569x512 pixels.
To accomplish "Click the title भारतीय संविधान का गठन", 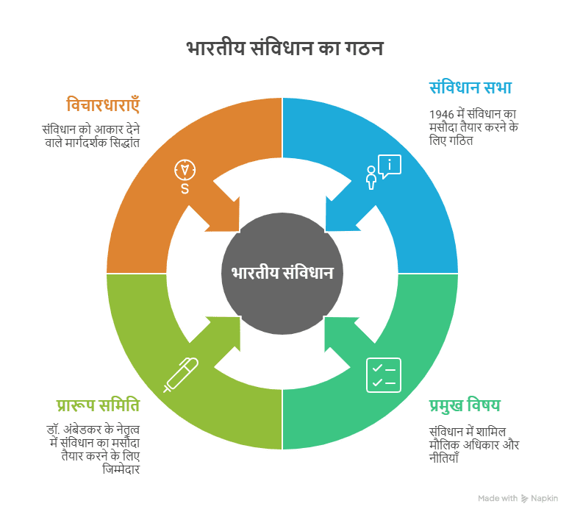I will pyautogui.click(x=284, y=49).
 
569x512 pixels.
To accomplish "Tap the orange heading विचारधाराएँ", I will pyautogui.click(x=103, y=105).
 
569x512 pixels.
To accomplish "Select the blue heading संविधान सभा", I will pyautogui.click(x=470, y=88).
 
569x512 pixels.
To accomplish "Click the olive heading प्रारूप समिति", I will pyautogui.click(x=98, y=405).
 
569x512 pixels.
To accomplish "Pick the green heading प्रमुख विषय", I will pyautogui.click(x=465, y=405).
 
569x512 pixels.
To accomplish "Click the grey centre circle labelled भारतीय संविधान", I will pyautogui.click(x=282, y=273).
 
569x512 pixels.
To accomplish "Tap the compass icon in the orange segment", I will pyautogui.click(x=185, y=169).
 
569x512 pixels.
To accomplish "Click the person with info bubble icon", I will pyautogui.click(x=383, y=172).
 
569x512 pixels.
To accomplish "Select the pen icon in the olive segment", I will pyautogui.click(x=181, y=374).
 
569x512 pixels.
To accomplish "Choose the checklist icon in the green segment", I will pyautogui.click(x=383, y=374).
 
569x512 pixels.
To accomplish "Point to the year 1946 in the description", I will pyautogui.click(x=441, y=115).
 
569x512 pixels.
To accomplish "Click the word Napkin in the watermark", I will pyautogui.click(x=545, y=498).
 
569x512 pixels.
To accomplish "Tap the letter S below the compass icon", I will pyautogui.click(x=185, y=189).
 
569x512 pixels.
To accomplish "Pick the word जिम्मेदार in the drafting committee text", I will pyautogui.click(x=121, y=469).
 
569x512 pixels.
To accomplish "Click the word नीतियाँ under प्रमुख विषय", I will pyautogui.click(x=444, y=458).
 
